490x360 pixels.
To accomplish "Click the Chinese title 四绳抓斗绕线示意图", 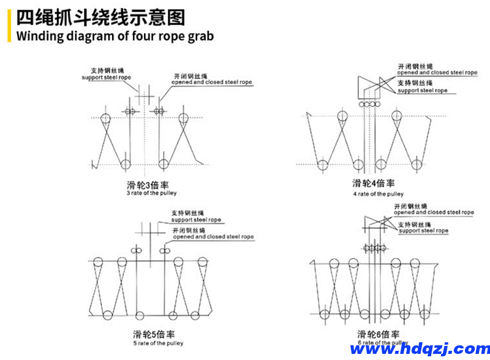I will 100,17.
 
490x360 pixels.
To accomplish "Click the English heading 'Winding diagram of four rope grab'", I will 115,36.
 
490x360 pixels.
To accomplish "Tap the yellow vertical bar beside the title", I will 9,26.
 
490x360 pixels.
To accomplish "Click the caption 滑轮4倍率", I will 374,184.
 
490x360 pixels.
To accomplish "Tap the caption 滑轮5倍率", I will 154,334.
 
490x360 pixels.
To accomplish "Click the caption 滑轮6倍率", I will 379,334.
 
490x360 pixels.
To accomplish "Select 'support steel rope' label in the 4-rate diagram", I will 423,91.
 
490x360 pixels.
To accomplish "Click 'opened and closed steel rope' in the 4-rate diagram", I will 437,72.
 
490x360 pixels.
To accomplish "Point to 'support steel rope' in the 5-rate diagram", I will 196,220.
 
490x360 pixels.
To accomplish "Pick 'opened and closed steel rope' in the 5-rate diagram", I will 213,236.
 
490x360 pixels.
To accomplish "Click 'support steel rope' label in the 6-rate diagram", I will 424,231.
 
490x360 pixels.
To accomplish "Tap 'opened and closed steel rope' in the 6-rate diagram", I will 434,212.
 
